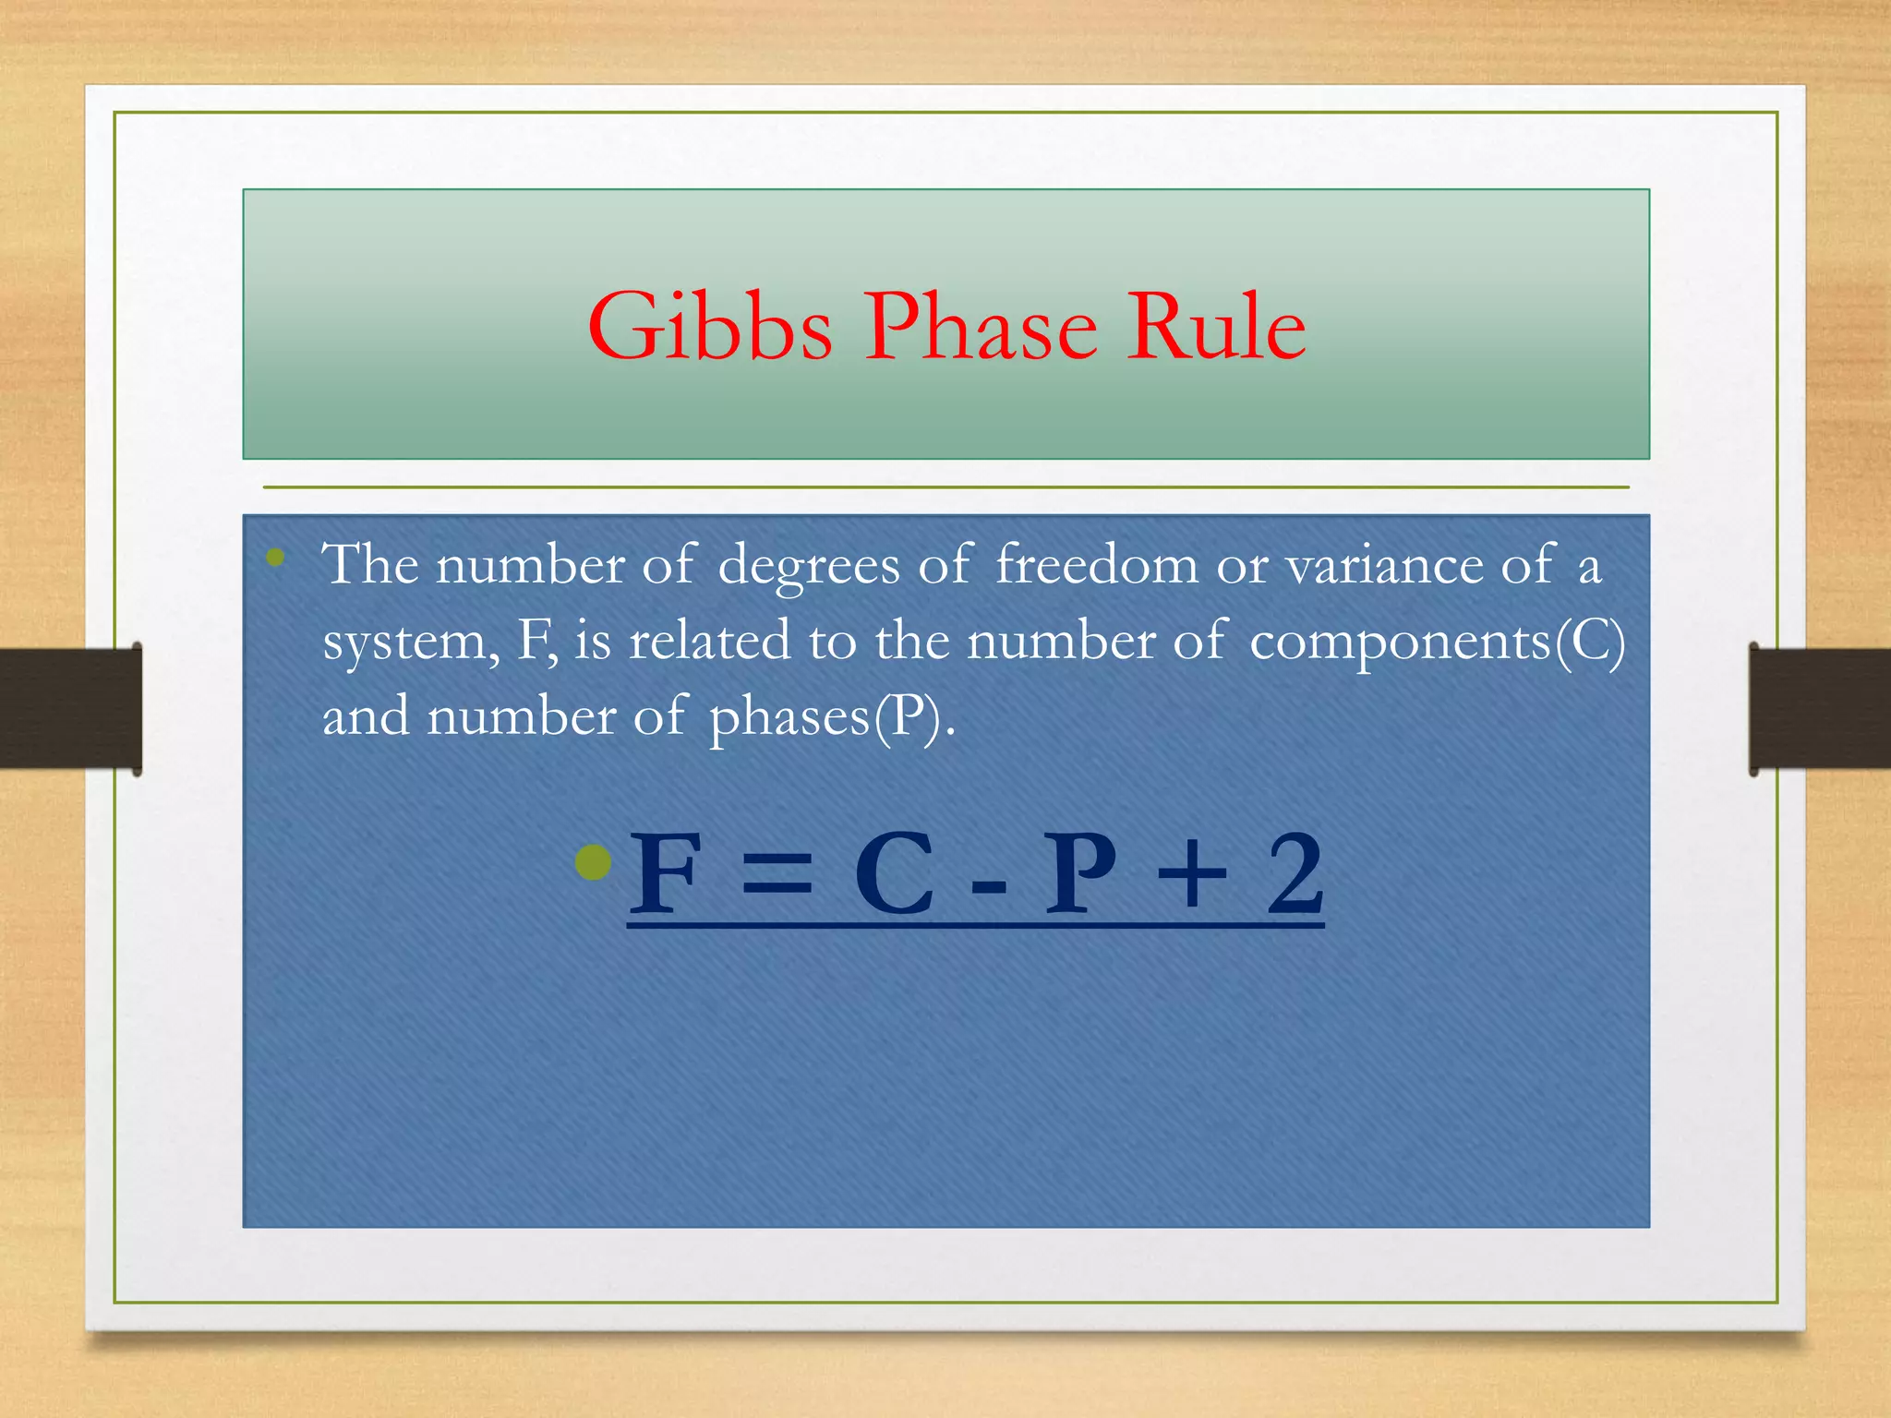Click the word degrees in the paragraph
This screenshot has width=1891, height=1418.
(x=808, y=565)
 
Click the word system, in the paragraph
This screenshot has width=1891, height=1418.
(x=411, y=642)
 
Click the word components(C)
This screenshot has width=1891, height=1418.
(x=1437, y=642)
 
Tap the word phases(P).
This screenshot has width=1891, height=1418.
(x=831, y=717)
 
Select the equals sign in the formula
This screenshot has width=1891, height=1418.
(x=777, y=874)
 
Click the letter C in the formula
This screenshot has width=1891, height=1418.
(x=893, y=874)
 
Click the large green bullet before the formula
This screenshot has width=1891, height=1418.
(x=593, y=862)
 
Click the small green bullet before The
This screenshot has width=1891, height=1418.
(x=275, y=557)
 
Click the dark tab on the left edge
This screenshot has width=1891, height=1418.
(x=70, y=708)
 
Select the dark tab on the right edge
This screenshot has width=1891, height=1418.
(x=1819, y=708)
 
